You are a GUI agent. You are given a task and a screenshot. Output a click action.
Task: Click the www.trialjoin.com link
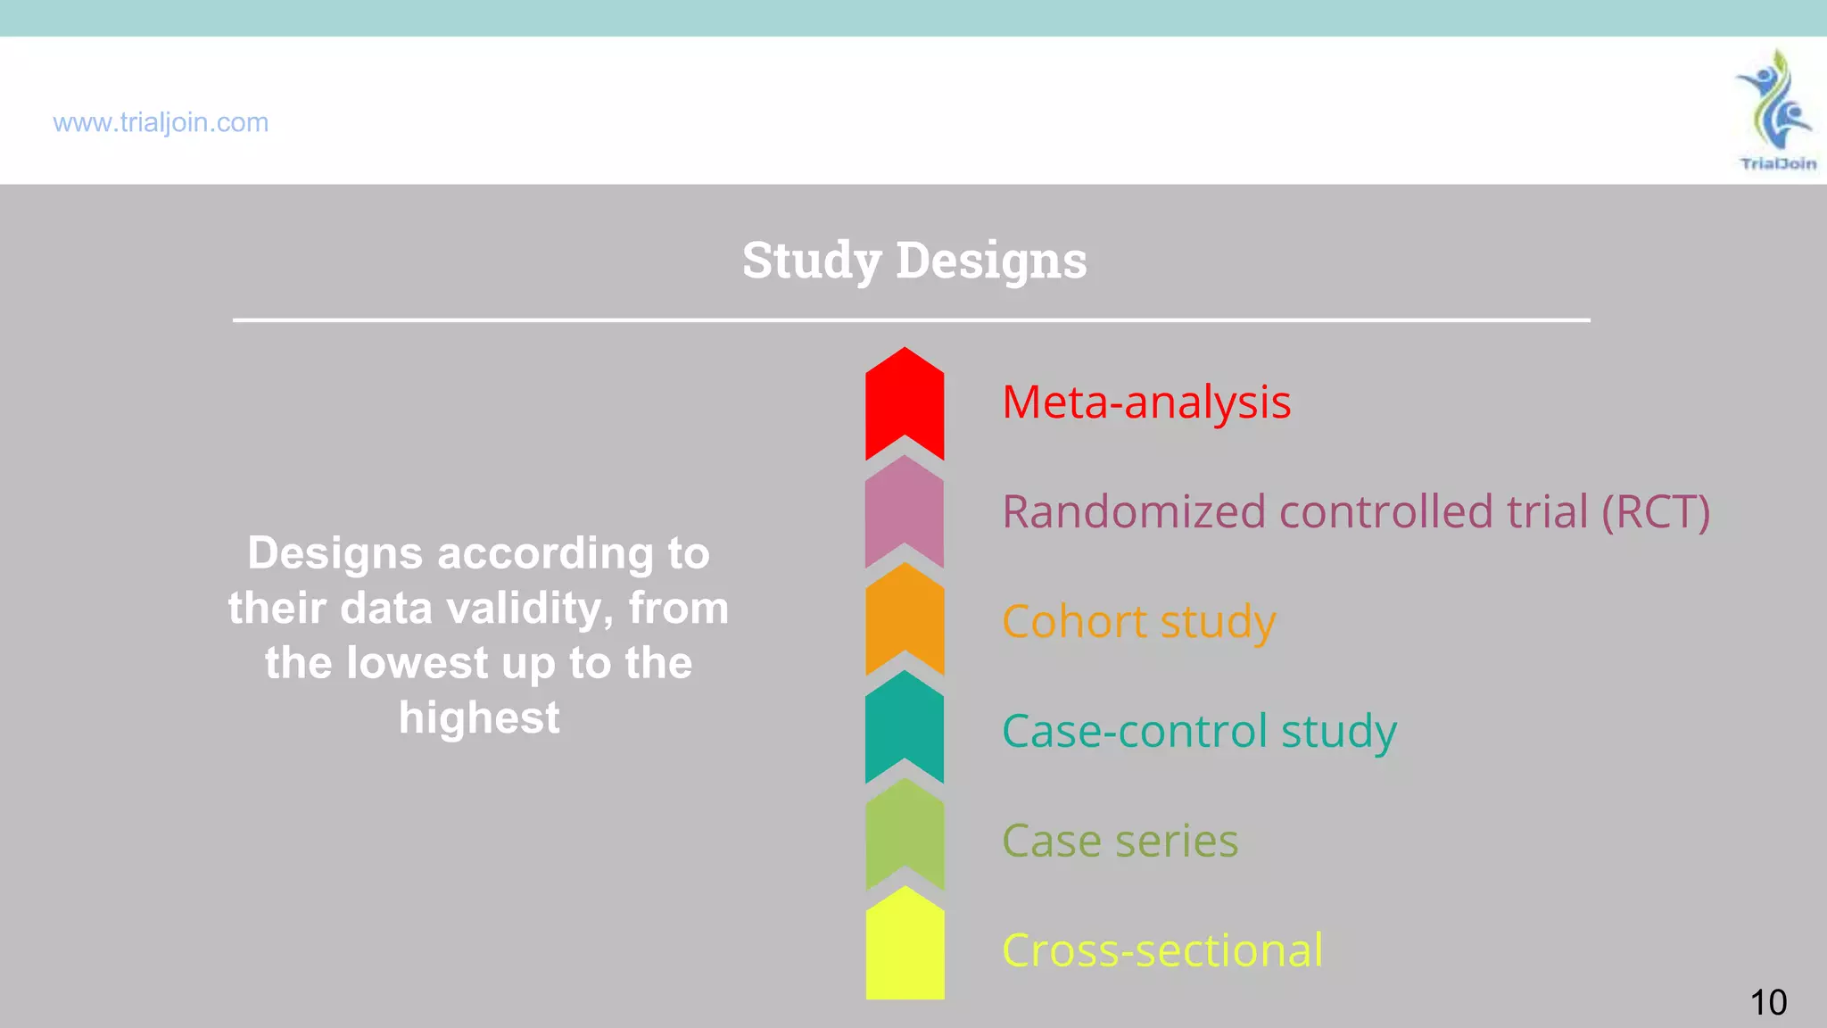[x=161, y=122]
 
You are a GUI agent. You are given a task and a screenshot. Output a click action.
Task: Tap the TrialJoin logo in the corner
[x=1776, y=110]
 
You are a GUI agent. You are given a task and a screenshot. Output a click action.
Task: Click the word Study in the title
[x=812, y=261]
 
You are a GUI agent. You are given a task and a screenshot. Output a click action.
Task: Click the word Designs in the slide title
[x=991, y=261]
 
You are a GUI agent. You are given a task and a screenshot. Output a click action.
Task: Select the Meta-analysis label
[x=1146, y=402]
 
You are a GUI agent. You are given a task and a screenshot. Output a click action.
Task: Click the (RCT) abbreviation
[x=1656, y=512]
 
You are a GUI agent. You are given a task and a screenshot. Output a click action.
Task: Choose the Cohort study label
[x=1138, y=622]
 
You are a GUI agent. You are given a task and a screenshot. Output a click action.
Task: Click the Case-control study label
[x=1199, y=732]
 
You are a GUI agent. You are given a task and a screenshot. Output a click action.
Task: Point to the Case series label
[x=1120, y=841]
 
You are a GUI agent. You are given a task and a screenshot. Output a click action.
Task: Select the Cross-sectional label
[x=1162, y=950]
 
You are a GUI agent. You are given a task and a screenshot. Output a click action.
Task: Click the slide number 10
[x=1768, y=1002]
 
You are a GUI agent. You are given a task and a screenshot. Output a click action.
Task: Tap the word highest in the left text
[x=479, y=717]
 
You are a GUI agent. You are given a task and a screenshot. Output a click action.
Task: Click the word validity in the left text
[x=529, y=609]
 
